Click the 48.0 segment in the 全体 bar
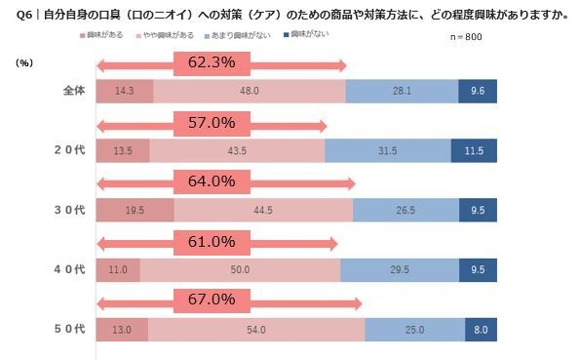[x=249, y=91]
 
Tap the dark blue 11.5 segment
[x=474, y=150]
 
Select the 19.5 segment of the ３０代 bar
[x=135, y=210]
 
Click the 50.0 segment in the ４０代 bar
[x=240, y=269]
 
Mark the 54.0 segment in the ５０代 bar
[x=256, y=329]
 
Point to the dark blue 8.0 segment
[x=481, y=329]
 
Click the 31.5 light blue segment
[x=387, y=150]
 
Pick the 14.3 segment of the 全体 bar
[x=124, y=91]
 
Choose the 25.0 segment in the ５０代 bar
[x=414, y=329]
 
